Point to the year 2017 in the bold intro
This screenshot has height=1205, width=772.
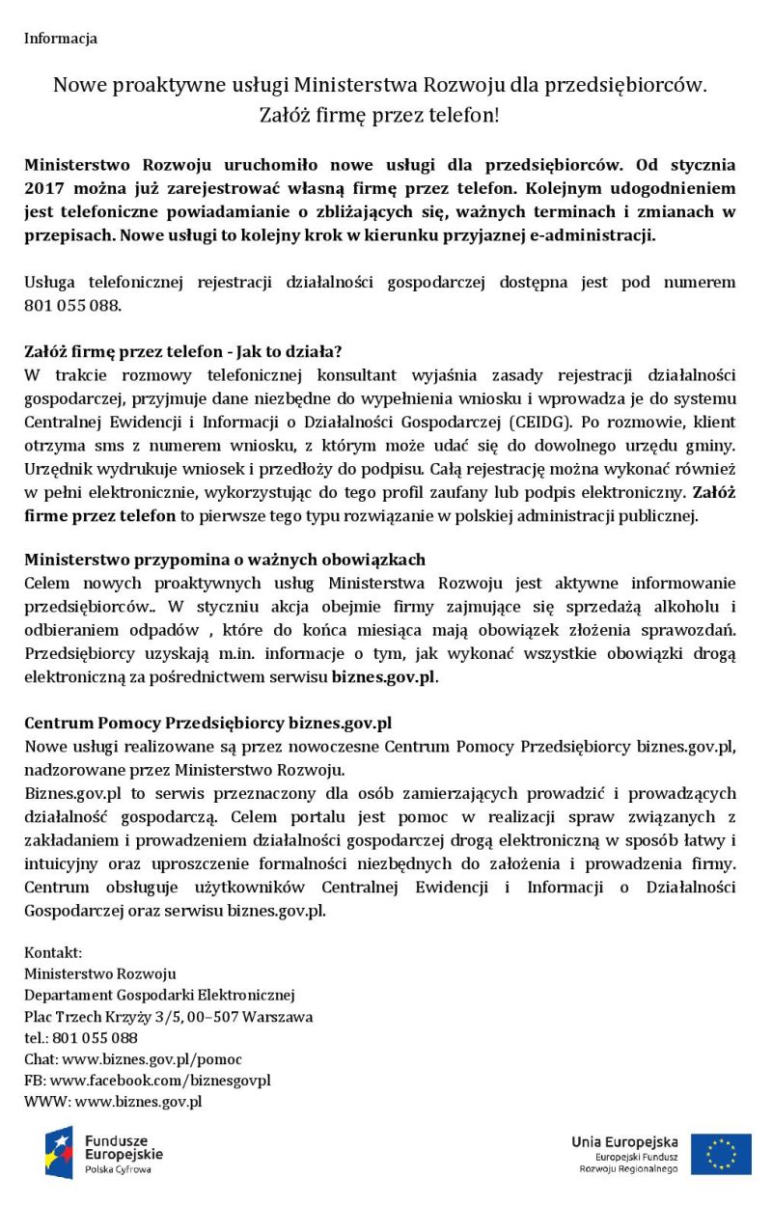[x=43, y=188]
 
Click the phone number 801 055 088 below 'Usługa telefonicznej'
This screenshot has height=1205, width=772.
[x=72, y=306]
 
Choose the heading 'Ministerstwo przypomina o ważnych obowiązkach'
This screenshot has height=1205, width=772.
[x=225, y=560]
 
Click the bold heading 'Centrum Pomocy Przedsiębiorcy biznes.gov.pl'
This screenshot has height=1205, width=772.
[x=207, y=723]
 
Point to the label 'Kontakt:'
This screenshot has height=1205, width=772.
[x=53, y=952]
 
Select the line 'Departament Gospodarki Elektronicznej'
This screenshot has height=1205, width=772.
[x=159, y=995]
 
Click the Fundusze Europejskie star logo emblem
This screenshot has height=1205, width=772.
[x=59, y=1152]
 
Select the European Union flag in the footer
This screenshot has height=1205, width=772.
[x=721, y=1154]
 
